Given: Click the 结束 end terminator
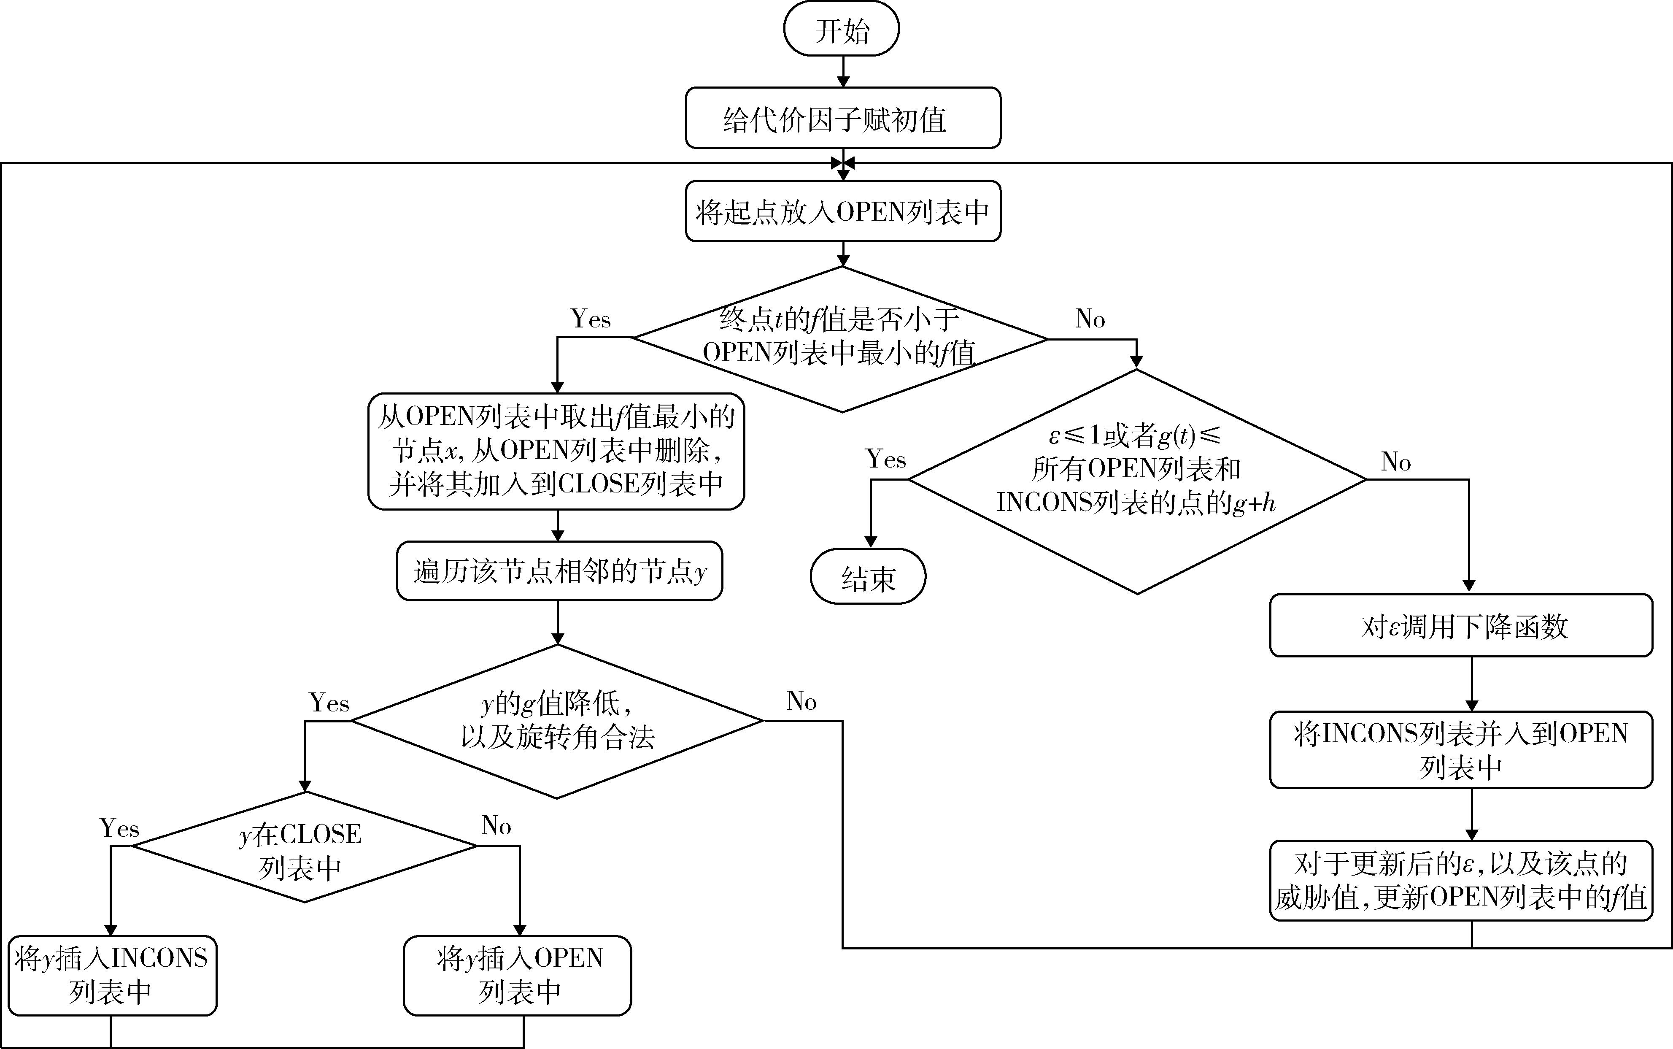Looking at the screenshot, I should click(x=868, y=576).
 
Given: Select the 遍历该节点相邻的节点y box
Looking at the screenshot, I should click(x=559, y=571).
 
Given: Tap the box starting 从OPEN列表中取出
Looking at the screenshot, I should click(x=556, y=452).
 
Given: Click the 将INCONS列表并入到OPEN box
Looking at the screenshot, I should click(x=1461, y=749).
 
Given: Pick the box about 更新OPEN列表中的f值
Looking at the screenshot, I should click(x=1461, y=881).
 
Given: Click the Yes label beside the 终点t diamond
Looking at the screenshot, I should click(x=590, y=319).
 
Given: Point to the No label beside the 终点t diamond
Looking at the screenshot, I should click(x=1090, y=319).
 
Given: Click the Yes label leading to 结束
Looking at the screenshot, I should click(x=886, y=459).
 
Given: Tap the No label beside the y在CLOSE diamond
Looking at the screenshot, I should click(x=496, y=826).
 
